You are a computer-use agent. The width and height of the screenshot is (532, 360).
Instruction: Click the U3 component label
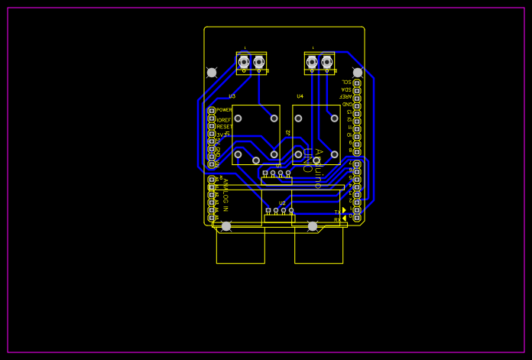coord(232,96)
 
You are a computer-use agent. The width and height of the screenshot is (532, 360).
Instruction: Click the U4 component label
coord(300,96)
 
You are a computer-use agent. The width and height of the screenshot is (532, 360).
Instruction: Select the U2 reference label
coord(282,203)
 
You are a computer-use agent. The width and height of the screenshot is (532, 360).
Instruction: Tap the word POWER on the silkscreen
coord(225,110)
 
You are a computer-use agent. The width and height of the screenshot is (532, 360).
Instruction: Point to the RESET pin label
coord(225,127)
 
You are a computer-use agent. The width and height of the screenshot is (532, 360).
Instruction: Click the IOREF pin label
coord(223,120)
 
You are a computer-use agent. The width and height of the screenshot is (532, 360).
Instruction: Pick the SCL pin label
coord(346,82)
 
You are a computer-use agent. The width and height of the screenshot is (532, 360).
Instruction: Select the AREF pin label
coord(346,96)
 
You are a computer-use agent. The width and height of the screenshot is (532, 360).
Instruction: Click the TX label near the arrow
coord(337,212)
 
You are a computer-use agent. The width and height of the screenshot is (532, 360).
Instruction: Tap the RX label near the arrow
coord(337,220)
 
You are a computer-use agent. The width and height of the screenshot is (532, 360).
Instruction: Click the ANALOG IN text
coord(225,195)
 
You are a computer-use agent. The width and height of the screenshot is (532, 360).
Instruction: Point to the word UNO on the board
coord(307,161)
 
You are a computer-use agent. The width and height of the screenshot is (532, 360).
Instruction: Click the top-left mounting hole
coord(212,73)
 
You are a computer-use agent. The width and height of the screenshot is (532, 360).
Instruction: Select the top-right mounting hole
coord(358,73)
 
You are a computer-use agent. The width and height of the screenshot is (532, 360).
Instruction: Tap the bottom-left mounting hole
coord(226,226)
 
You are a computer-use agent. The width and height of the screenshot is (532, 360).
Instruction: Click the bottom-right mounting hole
coord(313,226)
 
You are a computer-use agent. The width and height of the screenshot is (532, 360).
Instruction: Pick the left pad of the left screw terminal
coord(244,62)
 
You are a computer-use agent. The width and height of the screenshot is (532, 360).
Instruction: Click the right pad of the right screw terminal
coord(327,62)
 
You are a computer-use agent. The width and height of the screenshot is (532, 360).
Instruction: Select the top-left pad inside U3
coord(238,118)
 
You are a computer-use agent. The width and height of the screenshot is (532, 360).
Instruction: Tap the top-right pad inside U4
coord(334,118)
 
